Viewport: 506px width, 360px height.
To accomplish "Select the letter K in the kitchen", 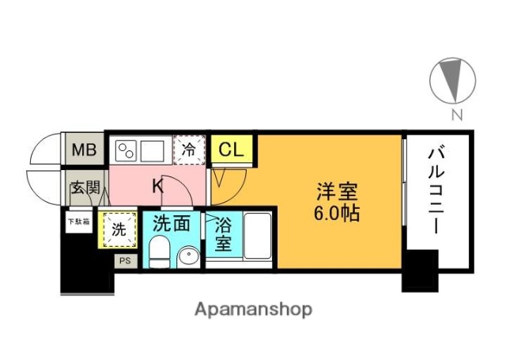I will pyautogui.click(x=157, y=187).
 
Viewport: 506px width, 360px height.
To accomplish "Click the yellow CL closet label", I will pyautogui.click(x=231, y=149).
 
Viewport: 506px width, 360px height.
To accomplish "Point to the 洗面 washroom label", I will pyautogui.click(x=172, y=223).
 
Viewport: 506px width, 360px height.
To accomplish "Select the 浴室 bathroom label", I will pyautogui.click(x=224, y=235).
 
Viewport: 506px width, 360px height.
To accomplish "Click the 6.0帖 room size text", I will pyautogui.click(x=338, y=213).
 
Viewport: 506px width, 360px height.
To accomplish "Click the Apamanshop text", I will pyautogui.click(x=253, y=309).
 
